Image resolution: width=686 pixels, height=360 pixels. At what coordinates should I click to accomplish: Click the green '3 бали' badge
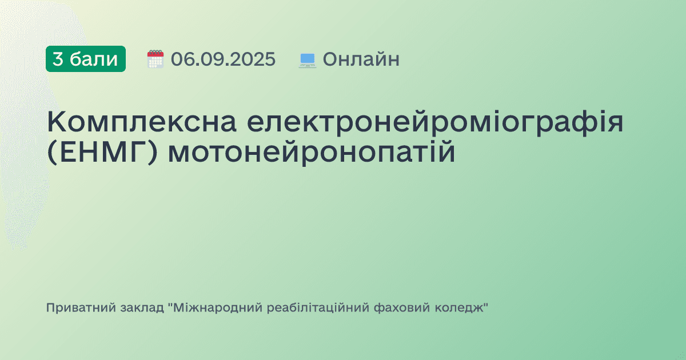point(86,59)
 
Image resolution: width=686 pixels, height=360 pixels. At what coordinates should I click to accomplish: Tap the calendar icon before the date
point(155,59)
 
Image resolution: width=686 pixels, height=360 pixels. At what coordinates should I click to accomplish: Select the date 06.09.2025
point(223,59)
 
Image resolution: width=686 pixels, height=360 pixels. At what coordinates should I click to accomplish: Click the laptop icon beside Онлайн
point(308,59)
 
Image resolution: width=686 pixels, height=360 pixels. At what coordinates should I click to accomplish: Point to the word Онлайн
point(361,59)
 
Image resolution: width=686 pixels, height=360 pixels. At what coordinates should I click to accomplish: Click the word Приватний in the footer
point(81,308)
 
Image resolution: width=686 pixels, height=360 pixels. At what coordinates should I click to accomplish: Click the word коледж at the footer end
point(464,308)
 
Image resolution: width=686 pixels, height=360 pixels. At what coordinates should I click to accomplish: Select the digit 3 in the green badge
point(58,59)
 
